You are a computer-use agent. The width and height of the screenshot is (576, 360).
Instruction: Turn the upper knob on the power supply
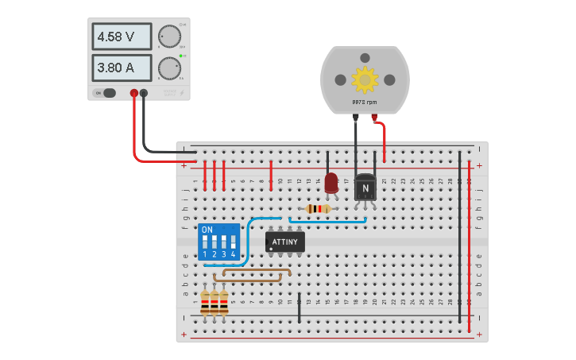coord(168,37)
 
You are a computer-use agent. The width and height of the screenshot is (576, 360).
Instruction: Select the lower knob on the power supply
coord(168,68)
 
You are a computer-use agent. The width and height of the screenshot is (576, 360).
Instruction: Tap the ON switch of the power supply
coord(106,93)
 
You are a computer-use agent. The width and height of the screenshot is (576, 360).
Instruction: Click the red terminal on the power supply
coord(133,93)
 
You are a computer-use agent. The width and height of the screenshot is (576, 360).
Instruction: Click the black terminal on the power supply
coord(144,93)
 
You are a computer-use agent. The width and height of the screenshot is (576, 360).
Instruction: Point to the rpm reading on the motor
coord(365,103)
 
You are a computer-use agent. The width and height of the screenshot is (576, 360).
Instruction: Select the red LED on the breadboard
coord(331,182)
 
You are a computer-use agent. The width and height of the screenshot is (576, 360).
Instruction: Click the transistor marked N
coord(365,187)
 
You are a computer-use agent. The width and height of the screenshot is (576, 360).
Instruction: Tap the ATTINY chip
coord(284,242)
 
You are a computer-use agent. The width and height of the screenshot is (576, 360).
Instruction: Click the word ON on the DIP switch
coord(207,230)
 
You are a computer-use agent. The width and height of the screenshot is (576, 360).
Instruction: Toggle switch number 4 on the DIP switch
coord(233,241)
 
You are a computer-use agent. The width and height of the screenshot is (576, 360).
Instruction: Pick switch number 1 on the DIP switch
coord(205,241)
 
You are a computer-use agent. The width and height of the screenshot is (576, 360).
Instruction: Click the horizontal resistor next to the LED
coord(318,209)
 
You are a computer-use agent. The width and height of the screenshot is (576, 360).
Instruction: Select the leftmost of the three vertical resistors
coord(205,302)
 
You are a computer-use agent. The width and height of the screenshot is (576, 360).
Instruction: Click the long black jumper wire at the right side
coord(459,238)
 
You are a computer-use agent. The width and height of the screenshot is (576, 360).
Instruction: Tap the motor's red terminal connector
coord(374,117)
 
